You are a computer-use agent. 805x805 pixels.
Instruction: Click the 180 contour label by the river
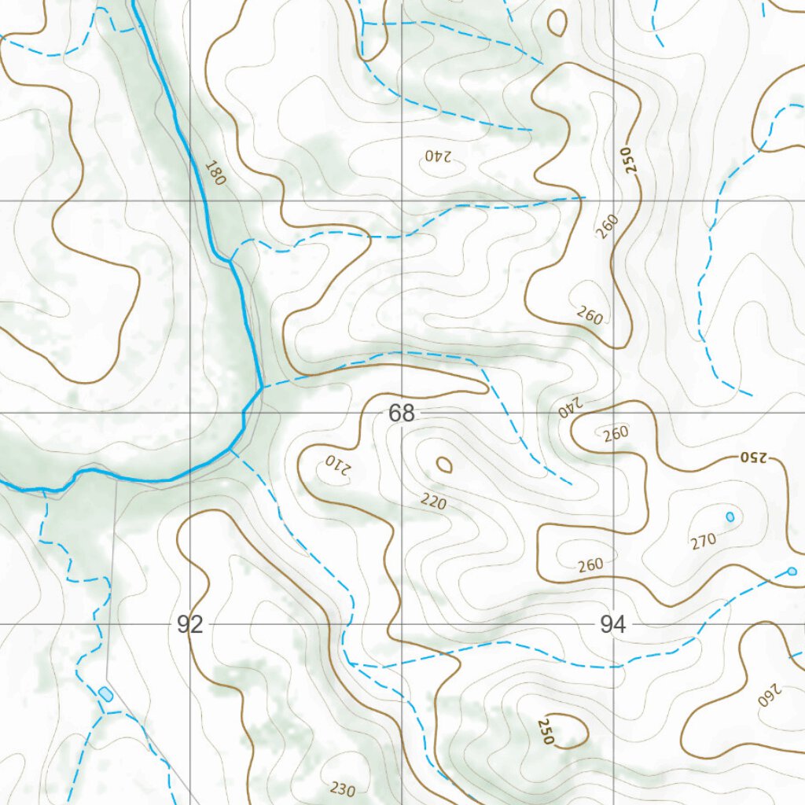(x=214, y=173)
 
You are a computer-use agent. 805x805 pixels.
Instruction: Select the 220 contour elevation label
(x=432, y=501)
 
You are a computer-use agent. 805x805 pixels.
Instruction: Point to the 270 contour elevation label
(x=704, y=540)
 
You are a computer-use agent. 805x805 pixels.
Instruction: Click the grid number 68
(x=401, y=413)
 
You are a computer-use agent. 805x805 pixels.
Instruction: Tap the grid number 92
(x=190, y=625)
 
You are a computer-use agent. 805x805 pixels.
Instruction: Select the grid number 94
(x=612, y=625)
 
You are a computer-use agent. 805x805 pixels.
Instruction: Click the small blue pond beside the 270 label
(x=730, y=516)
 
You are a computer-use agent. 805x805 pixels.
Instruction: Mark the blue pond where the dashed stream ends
(x=792, y=571)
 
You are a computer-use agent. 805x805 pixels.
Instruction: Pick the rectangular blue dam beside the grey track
(x=105, y=693)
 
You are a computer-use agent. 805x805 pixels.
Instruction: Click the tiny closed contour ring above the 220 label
(x=444, y=465)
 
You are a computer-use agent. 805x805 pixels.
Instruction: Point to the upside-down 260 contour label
(x=770, y=693)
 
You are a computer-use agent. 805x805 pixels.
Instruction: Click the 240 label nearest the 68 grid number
(x=568, y=406)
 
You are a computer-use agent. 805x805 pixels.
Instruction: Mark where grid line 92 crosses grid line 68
(x=190, y=413)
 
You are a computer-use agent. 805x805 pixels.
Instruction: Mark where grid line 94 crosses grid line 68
(x=613, y=413)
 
